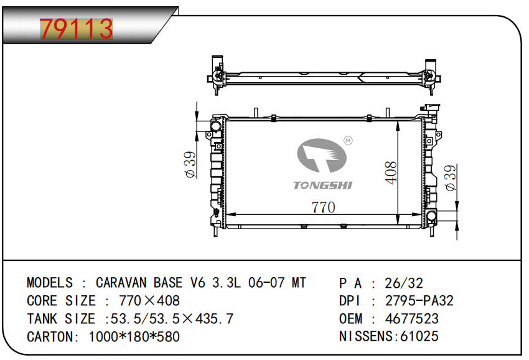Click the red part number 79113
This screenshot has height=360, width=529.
pyautogui.click(x=77, y=29)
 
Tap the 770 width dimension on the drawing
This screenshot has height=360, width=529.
pyautogui.click(x=323, y=207)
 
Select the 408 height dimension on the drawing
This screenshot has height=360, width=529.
pyautogui.click(x=391, y=173)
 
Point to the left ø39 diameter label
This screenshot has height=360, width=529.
pyautogui.click(x=190, y=164)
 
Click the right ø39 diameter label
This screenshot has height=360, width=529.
pyautogui.click(x=451, y=178)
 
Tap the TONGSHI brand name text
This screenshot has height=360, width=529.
pyautogui.click(x=322, y=185)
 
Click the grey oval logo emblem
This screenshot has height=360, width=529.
pyautogui.click(x=322, y=156)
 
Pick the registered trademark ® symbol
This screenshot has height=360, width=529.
pyautogui.click(x=348, y=140)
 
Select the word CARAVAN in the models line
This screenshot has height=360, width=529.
pyautogui.click(x=121, y=283)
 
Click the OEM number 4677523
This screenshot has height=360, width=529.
pyautogui.click(x=411, y=318)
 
